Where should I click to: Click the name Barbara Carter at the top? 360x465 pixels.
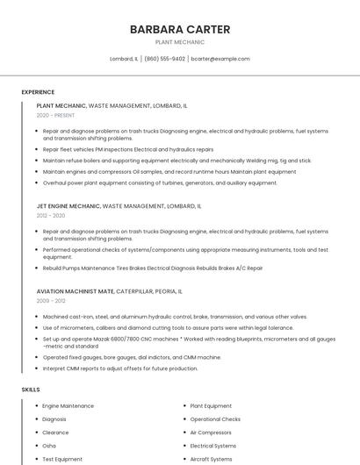(180, 30)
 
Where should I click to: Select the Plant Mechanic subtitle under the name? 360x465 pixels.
(180, 42)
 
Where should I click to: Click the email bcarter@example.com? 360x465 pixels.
(220, 59)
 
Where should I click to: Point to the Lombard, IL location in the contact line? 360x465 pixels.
(124, 59)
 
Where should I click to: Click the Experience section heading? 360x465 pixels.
(38, 92)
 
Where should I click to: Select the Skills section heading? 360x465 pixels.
(31, 389)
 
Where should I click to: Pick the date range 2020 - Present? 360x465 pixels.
(55, 115)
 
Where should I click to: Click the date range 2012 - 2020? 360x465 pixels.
(51, 215)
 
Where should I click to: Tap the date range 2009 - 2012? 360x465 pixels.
(51, 301)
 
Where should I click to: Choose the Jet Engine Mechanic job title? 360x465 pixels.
(68, 205)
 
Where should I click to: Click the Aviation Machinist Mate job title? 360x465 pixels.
(76, 290)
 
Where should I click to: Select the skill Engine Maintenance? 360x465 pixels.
(68, 406)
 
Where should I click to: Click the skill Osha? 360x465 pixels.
(49, 446)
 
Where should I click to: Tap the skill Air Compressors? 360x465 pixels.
(211, 433)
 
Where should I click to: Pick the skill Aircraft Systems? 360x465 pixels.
(211, 459)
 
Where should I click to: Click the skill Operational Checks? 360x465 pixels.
(215, 419)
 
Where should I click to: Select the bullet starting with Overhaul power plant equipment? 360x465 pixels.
(148, 182)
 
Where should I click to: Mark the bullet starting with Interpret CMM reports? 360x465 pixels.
(120, 368)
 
